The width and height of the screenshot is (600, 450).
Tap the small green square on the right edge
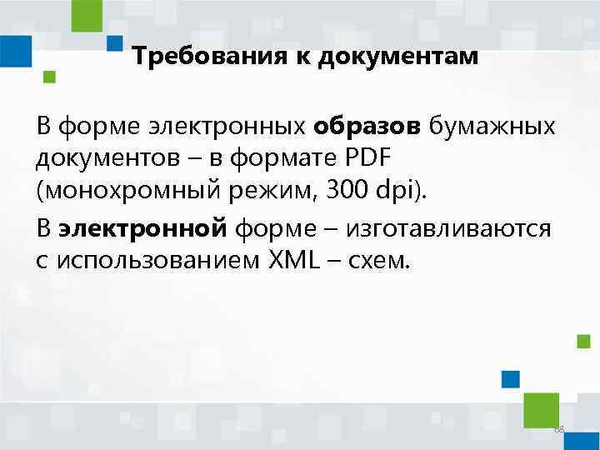point(584,341)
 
